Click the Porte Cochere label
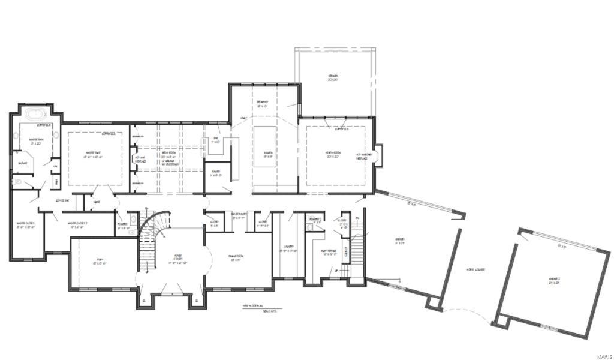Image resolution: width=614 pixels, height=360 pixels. (x=476, y=269)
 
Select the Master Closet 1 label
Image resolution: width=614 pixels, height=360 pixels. (x=26, y=225)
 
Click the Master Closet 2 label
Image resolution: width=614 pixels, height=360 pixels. (x=78, y=225)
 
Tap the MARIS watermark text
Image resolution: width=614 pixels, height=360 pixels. (x=601, y=353)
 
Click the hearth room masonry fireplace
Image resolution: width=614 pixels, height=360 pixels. (x=378, y=151)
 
